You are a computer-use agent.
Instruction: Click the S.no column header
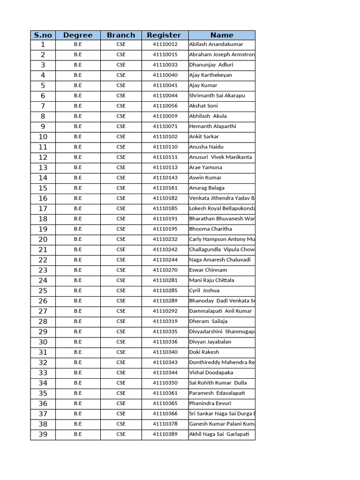coord(43,35)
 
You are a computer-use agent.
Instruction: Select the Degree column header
coord(78,35)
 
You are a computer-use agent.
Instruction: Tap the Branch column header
coord(121,35)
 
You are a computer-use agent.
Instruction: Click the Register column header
coord(164,35)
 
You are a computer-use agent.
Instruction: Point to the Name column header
coord(222,35)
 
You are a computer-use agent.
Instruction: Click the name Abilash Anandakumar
coord(216,45)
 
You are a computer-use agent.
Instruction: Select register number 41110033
coord(165,65)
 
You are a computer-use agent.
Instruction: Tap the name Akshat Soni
coord(203,106)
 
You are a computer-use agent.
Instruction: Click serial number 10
coord(43,137)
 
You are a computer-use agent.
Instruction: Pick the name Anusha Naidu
coord(206,147)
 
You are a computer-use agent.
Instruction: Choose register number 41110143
coord(165,178)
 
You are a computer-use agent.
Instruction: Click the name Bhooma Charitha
coord(210,229)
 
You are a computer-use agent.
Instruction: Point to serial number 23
coord(43,270)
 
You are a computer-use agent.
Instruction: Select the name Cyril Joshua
coord(204,291)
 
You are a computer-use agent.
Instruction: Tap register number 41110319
coord(165,321)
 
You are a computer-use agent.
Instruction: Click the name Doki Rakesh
coord(204,352)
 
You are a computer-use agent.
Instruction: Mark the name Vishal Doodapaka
coord(211,373)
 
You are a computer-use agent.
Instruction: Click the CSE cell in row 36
coord(121,403)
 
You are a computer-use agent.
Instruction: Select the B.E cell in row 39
coord(78,434)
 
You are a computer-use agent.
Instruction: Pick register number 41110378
coord(165,424)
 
